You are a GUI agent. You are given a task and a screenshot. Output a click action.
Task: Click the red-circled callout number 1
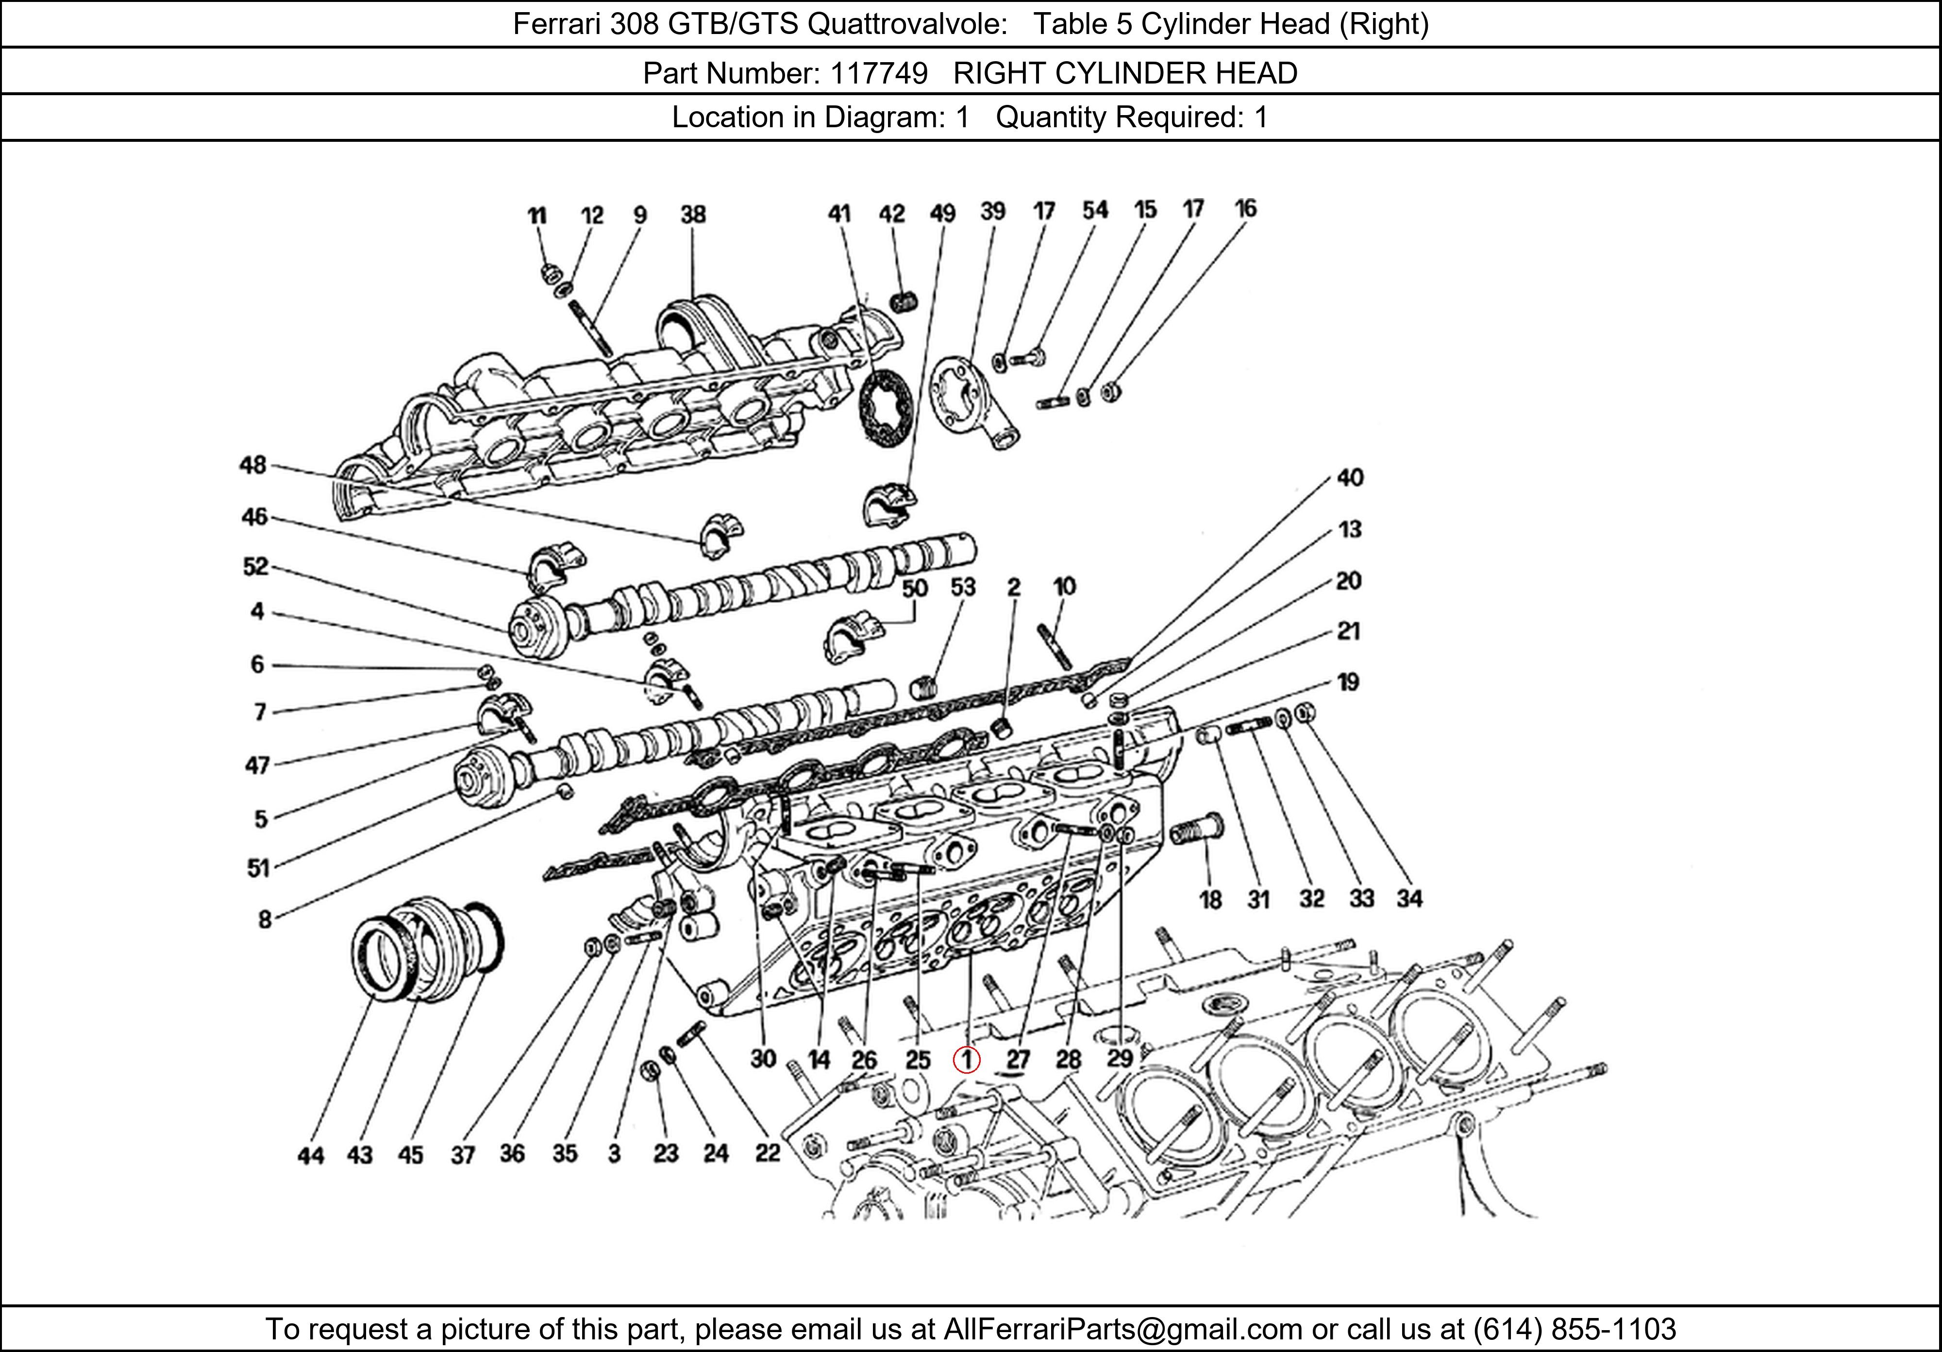click(966, 1059)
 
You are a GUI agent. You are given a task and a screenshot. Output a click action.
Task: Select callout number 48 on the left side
click(252, 465)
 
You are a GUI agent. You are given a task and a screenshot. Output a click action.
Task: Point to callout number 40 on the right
click(1350, 478)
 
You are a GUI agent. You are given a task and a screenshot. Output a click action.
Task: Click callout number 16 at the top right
click(1245, 208)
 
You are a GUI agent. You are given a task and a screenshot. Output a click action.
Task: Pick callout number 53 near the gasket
click(963, 587)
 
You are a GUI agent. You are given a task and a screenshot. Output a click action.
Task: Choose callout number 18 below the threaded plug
click(1210, 899)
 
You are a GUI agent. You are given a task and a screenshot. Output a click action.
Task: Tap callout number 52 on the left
click(255, 566)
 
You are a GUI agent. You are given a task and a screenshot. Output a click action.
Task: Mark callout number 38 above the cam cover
click(693, 214)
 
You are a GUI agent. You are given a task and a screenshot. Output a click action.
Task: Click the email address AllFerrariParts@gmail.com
click(1122, 1329)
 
